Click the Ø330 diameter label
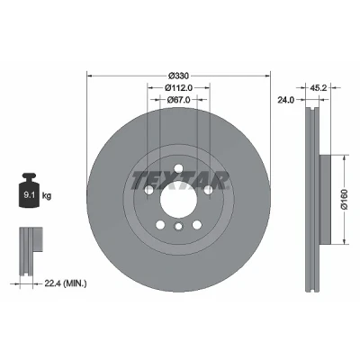point(178,76)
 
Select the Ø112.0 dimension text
point(178,88)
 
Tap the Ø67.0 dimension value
point(178,100)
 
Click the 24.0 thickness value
point(285,100)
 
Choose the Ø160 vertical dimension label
point(344,199)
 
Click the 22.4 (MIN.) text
point(66,283)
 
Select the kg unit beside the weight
point(47,196)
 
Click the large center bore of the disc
point(178,200)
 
